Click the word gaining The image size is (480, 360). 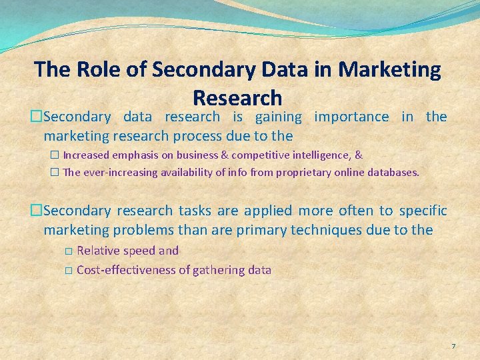tap(275, 117)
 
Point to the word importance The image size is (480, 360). tap(351, 117)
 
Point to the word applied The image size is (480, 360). tap(268, 211)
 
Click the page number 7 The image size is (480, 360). tap(453, 346)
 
